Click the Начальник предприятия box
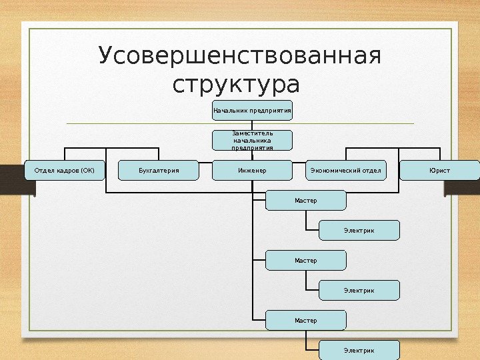pos(252,109)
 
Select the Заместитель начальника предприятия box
pos(252,141)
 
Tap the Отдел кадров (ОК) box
pos(65,171)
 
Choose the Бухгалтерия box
pos(159,171)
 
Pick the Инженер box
pos(252,171)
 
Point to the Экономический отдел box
pos(345,171)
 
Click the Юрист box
pos(439,171)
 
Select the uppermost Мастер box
pos(306,200)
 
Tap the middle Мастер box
pos(306,260)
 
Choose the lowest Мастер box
pos(306,320)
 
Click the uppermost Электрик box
pos(359,230)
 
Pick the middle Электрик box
pos(359,290)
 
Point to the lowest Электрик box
pos(359,350)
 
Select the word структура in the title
pos(237,86)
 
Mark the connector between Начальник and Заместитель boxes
pos(252,125)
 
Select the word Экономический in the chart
pos(333,171)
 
